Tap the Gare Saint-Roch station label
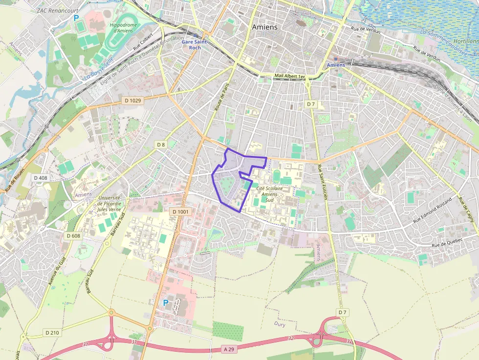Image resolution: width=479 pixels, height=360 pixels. pos(195,44)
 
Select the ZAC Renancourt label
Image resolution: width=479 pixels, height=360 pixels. pos(57,10)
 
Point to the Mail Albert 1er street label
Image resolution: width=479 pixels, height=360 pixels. pos(289,77)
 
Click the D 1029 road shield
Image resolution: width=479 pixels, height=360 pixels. pos(132,101)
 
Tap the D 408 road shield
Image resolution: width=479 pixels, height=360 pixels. pos(41,178)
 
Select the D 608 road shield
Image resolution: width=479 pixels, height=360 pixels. pos(73,236)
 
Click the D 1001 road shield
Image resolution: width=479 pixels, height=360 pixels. pos(181,212)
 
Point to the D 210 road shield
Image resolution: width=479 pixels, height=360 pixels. pos(52,333)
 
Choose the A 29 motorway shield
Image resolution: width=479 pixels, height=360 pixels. pos(229,349)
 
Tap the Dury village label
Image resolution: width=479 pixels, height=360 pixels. pos(280,324)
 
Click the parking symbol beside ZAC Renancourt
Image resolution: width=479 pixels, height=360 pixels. pos(76,18)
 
